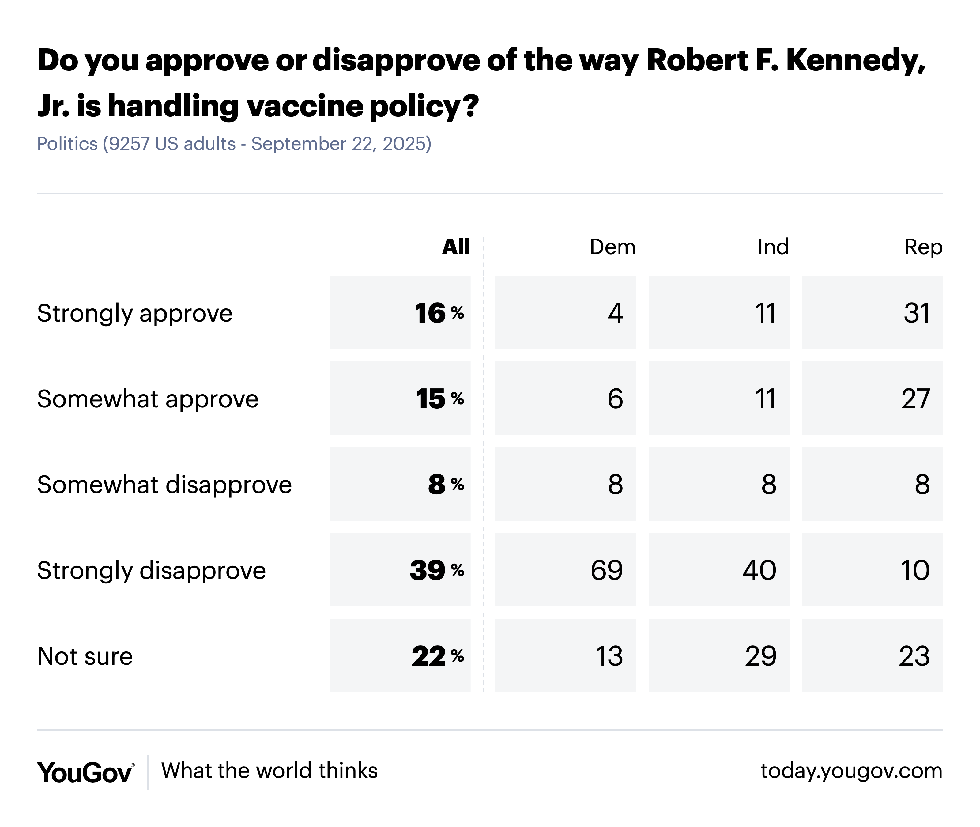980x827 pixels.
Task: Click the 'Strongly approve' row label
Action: [x=134, y=313]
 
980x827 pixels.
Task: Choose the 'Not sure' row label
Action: [x=85, y=656]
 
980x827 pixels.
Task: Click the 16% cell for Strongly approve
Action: [x=439, y=313]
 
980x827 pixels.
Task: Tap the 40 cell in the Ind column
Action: [x=759, y=570]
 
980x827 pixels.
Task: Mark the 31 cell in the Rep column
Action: [x=916, y=313]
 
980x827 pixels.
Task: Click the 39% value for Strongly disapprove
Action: [x=436, y=570]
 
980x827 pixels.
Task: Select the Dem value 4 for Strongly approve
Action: [x=615, y=313]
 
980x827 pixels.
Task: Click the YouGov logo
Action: [x=85, y=772]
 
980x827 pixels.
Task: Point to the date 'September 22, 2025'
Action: [x=341, y=143]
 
